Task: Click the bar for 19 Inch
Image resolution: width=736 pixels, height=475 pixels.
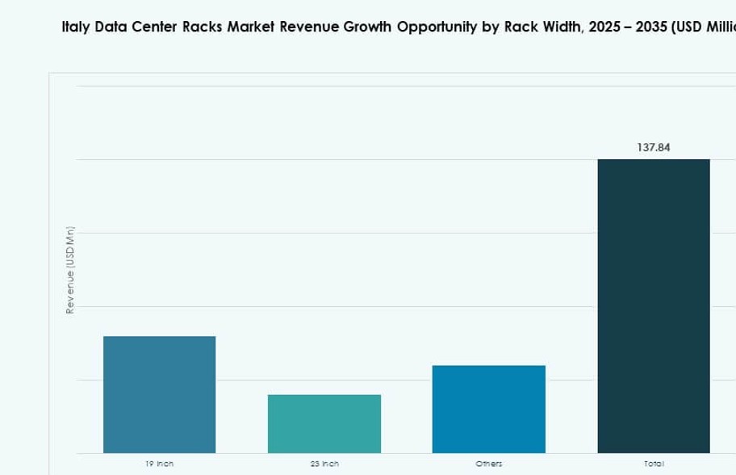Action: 159,394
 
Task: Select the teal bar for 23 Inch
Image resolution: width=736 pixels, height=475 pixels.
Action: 324,423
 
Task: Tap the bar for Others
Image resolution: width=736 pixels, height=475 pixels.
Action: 488,409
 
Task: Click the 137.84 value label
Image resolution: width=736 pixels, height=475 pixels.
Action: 653,148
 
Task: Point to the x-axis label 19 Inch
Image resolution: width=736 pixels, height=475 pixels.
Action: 159,464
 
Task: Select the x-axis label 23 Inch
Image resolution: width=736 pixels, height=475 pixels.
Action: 324,464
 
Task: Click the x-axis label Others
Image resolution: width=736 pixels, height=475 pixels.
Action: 488,464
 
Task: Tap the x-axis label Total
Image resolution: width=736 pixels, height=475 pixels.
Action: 653,464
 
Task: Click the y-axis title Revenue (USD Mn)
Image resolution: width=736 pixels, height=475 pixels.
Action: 70,271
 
